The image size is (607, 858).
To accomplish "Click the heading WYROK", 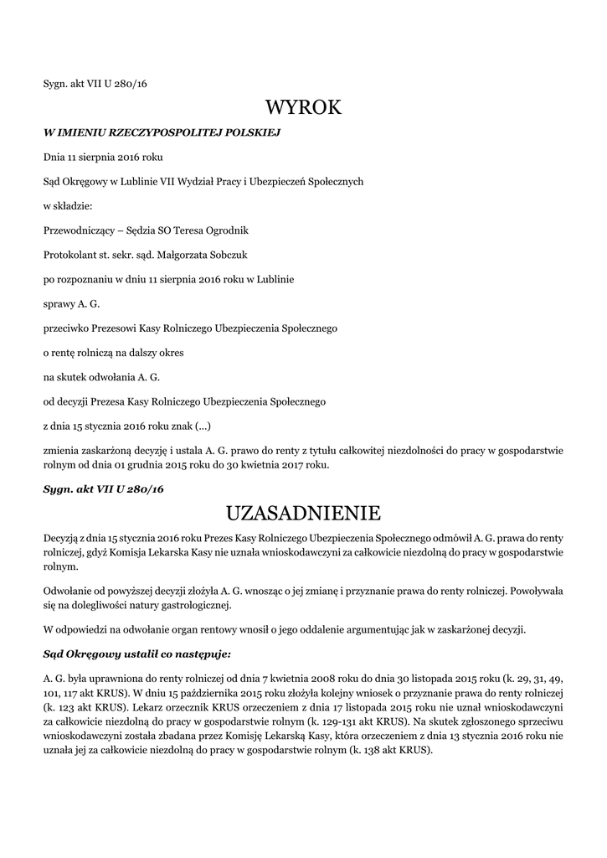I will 303,107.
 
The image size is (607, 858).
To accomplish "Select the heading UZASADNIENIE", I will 303,512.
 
